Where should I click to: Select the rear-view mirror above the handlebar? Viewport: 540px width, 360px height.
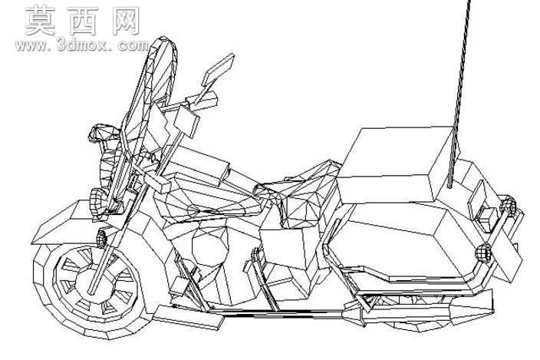(x=218, y=70)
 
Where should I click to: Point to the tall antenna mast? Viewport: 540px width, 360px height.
(x=459, y=93)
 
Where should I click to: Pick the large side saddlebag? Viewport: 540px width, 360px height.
(x=403, y=241)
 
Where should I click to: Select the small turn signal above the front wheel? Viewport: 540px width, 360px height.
(x=101, y=238)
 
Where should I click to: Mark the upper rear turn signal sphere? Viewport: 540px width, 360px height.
(x=509, y=205)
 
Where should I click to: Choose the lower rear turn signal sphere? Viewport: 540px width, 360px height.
(x=483, y=253)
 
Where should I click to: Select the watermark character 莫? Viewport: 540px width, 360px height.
(x=40, y=21)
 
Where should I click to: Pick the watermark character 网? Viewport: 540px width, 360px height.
(x=126, y=21)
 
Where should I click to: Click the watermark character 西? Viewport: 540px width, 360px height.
(x=83, y=21)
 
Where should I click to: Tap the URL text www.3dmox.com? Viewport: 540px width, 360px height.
(x=82, y=45)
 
